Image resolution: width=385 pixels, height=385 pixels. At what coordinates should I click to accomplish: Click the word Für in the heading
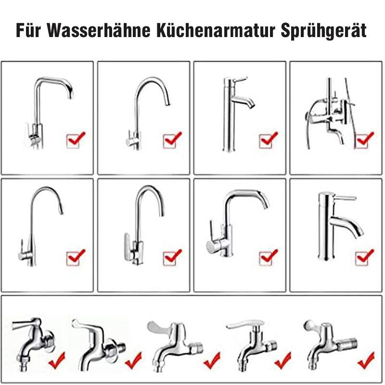[x=30, y=31]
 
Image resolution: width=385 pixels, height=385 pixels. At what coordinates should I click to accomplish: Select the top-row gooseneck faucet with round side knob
[x=144, y=111]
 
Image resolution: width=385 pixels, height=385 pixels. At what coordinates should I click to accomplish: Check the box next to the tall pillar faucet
[x=268, y=140]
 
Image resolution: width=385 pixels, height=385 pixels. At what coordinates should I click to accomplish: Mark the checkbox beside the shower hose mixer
[x=363, y=140]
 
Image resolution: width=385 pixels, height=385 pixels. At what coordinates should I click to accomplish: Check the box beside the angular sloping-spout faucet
[x=268, y=257]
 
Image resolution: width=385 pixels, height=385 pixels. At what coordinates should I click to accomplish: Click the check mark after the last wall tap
[x=366, y=359]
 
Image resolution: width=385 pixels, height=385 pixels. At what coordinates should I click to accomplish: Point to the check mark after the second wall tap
[x=133, y=359]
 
